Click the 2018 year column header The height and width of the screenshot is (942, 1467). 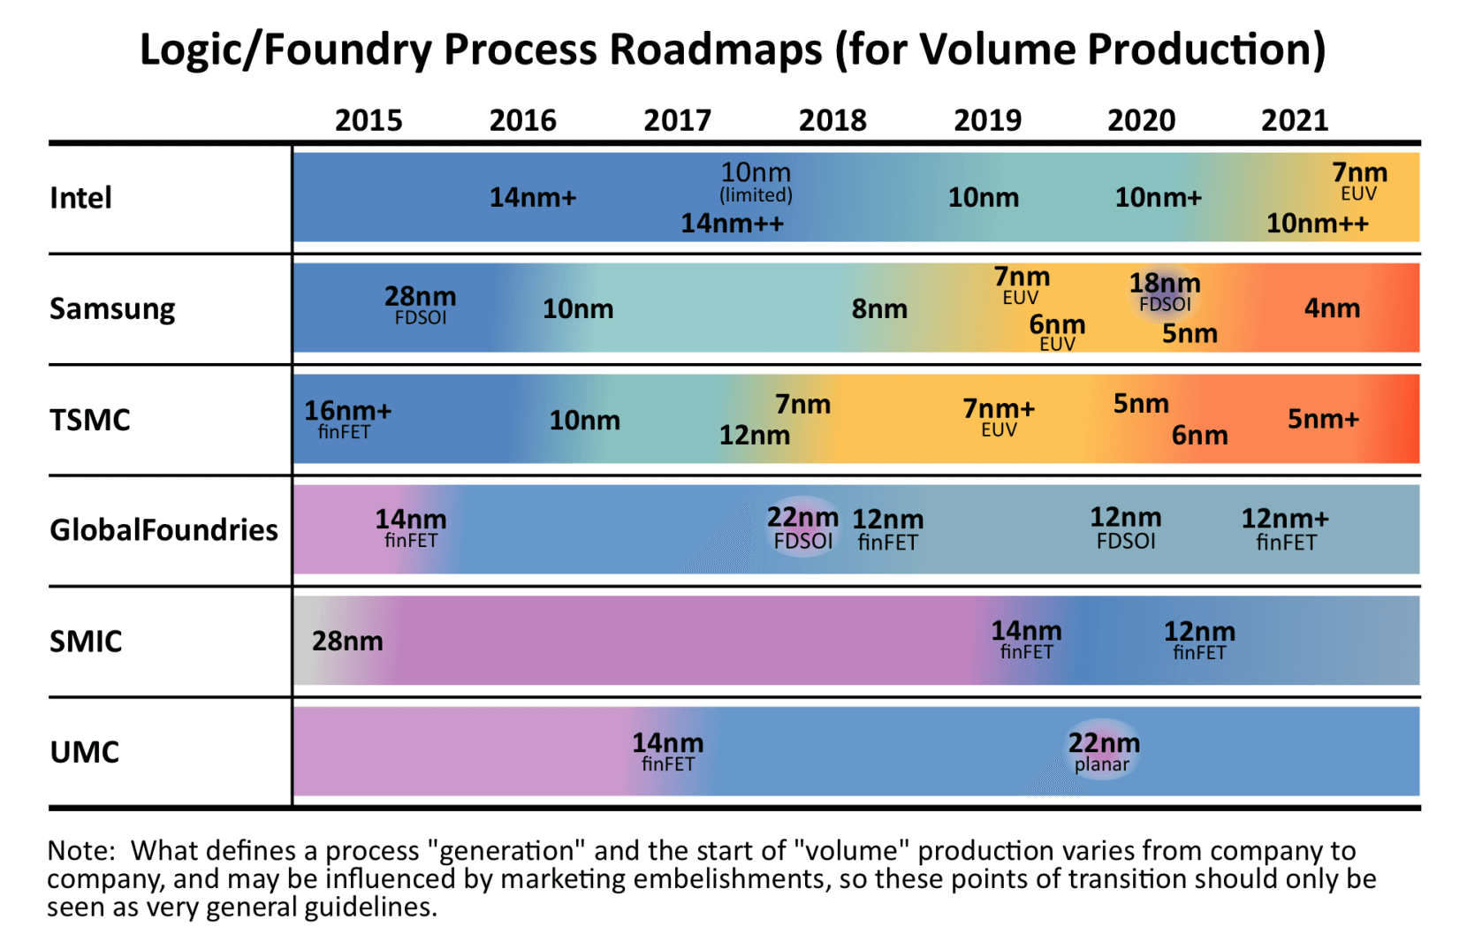pyautogui.click(x=832, y=120)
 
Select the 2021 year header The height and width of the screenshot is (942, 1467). pyautogui.click(x=1295, y=120)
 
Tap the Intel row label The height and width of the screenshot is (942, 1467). pyautogui.click(x=81, y=198)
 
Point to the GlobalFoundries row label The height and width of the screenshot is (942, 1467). pyautogui.click(x=163, y=529)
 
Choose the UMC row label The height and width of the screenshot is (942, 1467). pyautogui.click(x=85, y=752)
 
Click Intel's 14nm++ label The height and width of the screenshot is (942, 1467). pyautogui.click(x=732, y=224)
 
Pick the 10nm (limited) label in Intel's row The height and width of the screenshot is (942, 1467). pyautogui.click(x=756, y=181)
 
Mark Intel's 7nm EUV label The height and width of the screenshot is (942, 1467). pyautogui.click(x=1359, y=180)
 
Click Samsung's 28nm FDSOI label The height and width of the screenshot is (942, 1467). pyautogui.click(x=421, y=304)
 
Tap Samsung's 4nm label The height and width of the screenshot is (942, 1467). pyautogui.click(x=1332, y=308)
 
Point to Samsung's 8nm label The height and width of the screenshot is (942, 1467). pyautogui.click(x=879, y=309)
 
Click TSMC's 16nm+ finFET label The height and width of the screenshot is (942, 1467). pyautogui.click(x=347, y=418)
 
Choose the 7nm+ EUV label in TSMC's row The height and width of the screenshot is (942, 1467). pyautogui.click(x=999, y=416)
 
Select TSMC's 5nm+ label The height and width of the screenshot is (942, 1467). pyautogui.click(x=1322, y=419)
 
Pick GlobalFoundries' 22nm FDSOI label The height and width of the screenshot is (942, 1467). pyautogui.click(x=802, y=527)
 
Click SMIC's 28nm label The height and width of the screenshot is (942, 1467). pyautogui.click(x=347, y=641)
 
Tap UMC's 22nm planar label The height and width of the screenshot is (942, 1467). pyautogui.click(x=1103, y=751)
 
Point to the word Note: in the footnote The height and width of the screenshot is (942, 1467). pyautogui.click(x=81, y=850)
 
